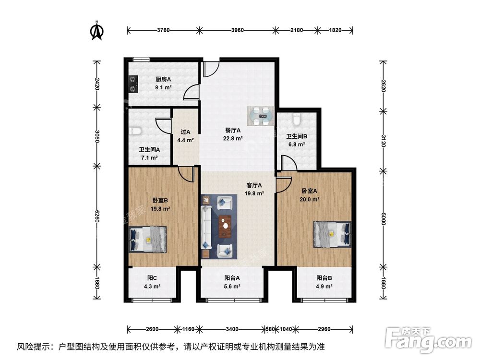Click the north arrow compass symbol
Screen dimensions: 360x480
point(97,30)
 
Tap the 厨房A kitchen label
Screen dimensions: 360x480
point(163,80)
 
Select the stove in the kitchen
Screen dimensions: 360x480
point(133,84)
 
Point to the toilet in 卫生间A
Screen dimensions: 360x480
point(135,131)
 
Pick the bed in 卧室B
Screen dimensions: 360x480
point(148,239)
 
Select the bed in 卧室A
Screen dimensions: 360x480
point(332,234)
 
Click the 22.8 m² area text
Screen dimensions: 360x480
point(233,139)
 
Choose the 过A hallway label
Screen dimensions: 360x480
point(185,132)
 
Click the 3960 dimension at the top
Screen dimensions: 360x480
point(237,30)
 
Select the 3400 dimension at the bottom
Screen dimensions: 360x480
point(232,329)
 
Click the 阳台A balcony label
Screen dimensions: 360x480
point(232,277)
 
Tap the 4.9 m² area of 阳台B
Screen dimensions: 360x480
point(324,287)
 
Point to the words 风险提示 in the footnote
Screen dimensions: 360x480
point(34,346)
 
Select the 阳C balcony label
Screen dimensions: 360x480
point(152,277)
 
